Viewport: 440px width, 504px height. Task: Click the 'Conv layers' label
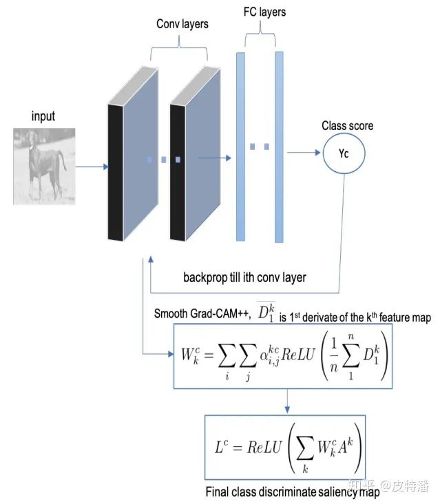tap(182, 25)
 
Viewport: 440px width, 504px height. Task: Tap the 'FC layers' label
tap(264, 12)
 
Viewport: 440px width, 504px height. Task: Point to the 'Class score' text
tap(347, 126)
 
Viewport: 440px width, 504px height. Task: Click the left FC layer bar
tap(240, 146)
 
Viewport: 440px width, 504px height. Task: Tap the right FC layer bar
tap(279, 146)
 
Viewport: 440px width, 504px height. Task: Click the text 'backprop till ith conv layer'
tap(245, 278)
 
